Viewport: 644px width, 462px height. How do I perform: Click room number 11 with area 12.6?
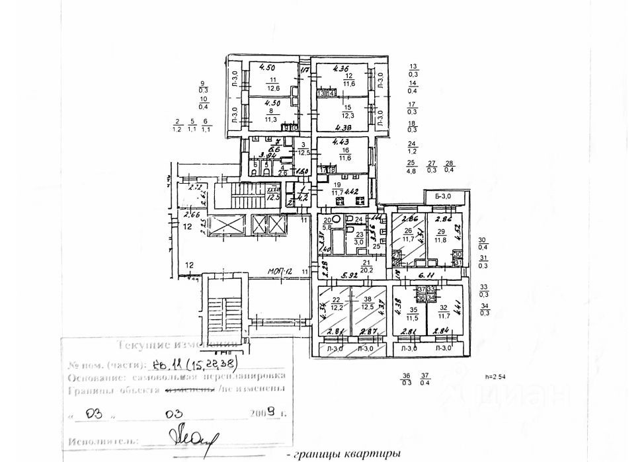[272, 83]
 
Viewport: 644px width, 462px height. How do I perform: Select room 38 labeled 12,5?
[368, 305]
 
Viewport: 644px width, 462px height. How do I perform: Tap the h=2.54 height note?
[495, 377]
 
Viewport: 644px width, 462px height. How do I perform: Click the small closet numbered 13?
[321, 94]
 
